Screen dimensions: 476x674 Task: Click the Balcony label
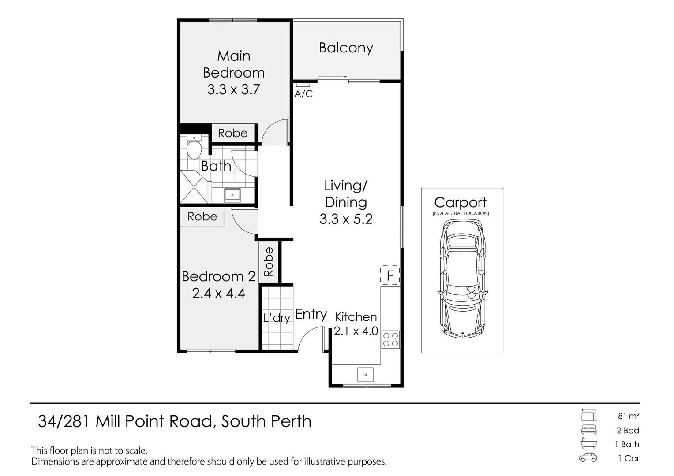click(x=346, y=48)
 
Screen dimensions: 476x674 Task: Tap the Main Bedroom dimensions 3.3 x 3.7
click(x=233, y=89)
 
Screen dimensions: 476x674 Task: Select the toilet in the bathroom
click(x=194, y=147)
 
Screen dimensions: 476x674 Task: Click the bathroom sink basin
click(x=232, y=194)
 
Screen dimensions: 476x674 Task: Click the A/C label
click(x=303, y=94)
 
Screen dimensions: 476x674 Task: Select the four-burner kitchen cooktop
click(x=390, y=339)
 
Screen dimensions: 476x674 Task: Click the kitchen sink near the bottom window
click(x=365, y=375)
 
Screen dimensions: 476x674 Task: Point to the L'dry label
click(x=277, y=317)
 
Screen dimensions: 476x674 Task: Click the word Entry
click(x=311, y=314)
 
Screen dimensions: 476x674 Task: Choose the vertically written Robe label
click(x=269, y=262)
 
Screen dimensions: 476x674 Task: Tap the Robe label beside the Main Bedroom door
click(x=232, y=133)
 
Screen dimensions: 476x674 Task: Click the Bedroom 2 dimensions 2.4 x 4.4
click(x=218, y=293)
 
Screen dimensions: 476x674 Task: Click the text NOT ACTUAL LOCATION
click(x=461, y=213)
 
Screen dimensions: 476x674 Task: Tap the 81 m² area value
click(x=628, y=416)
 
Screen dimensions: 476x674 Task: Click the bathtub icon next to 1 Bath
click(x=588, y=443)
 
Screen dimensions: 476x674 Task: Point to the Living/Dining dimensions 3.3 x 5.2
click(x=346, y=219)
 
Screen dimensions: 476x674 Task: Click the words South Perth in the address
click(x=266, y=421)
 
